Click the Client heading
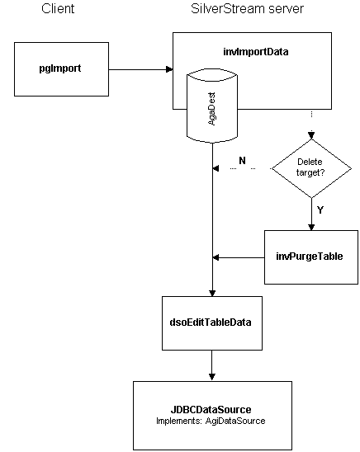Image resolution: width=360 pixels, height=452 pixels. click(58, 8)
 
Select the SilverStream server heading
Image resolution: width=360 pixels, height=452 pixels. click(247, 8)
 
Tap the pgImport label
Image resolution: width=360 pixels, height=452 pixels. click(60, 68)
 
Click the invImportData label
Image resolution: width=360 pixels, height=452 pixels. click(256, 52)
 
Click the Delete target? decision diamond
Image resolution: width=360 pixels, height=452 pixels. click(311, 168)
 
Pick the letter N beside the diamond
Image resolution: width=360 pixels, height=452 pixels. click(242, 161)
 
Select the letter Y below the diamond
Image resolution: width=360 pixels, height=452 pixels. click(320, 210)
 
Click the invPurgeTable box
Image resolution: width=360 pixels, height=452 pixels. click(311, 257)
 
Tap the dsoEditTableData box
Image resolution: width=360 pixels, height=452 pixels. click(212, 323)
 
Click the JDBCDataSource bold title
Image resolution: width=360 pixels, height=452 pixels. click(211, 410)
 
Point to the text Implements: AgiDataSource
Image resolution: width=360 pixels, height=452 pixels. click(211, 421)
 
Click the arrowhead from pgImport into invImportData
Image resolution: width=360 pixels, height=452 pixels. click(169, 69)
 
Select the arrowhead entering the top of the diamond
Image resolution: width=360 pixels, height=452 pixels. click(311, 135)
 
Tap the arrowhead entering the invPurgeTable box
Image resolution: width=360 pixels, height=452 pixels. click(311, 227)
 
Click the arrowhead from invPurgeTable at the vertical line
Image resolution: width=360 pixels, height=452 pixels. click(216, 257)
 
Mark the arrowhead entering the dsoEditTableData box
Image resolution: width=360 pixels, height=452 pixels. click(212, 293)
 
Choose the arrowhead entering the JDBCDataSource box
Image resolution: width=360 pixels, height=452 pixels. click(212, 377)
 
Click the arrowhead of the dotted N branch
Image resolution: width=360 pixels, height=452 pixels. click(216, 168)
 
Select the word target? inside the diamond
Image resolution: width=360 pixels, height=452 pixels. click(310, 173)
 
